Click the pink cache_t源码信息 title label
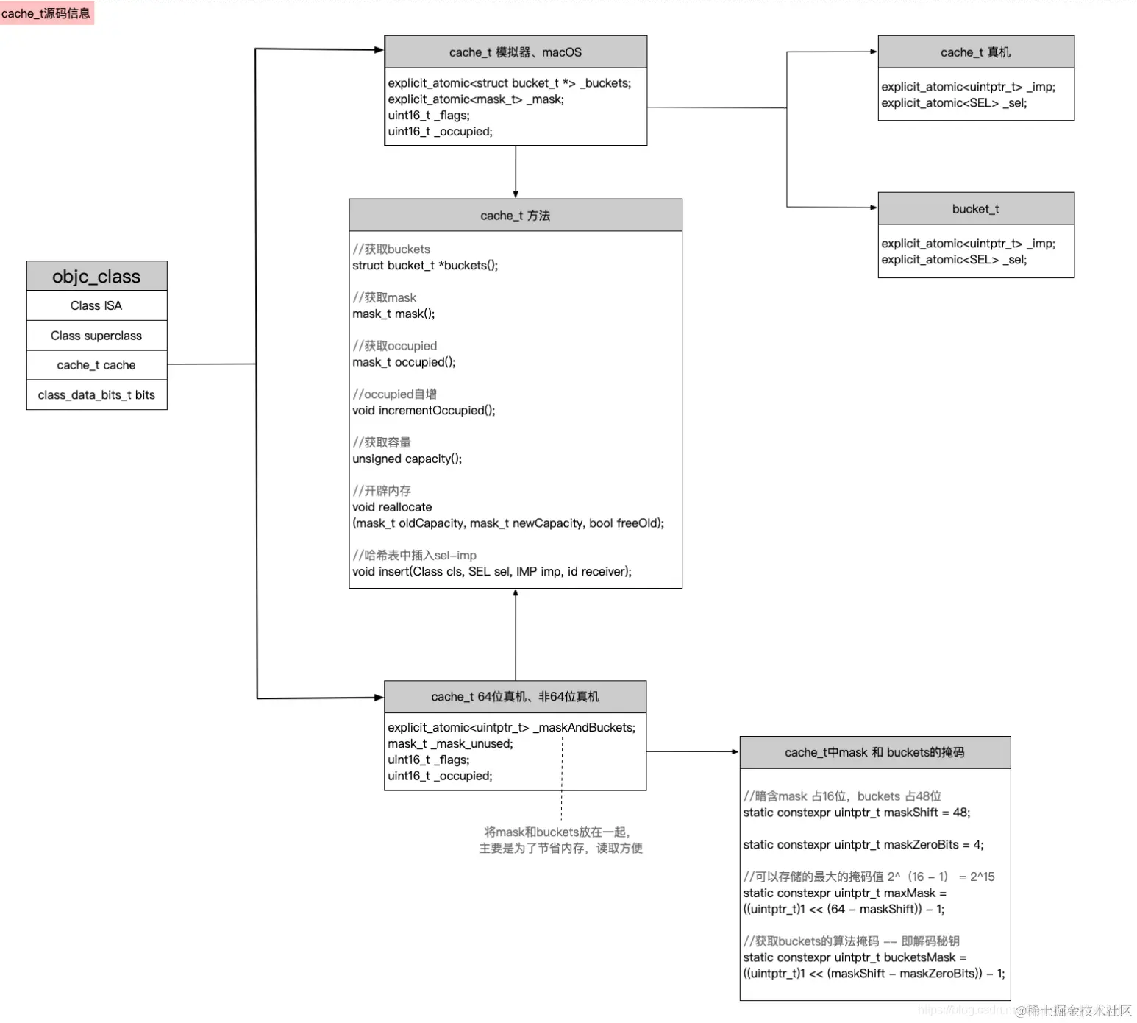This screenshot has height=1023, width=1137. (x=46, y=13)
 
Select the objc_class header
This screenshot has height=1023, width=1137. (x=96, y=276)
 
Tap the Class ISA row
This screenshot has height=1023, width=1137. (x=96, y=305)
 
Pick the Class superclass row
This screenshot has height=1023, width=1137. (x=96, y=336)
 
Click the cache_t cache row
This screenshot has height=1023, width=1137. (x=96, y=365)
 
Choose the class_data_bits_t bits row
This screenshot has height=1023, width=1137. (x=96, y=395)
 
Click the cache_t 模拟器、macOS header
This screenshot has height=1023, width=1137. (x=516, y=52)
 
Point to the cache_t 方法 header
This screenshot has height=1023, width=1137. (x=516, y=216)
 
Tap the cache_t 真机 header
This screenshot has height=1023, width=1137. (x=976, y=52)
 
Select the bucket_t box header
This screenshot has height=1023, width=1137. (x=976, y=209)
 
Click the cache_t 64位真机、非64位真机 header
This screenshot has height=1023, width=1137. (x=516, y=697)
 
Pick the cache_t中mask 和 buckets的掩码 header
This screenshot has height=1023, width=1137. (x=875, y=752)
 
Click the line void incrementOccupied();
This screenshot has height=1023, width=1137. (x=424, y=411)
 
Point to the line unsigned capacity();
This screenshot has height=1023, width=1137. (x=407, y=459)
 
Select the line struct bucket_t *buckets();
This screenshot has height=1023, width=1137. (x=425, y=266)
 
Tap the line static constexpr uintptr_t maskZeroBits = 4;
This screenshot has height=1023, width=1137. (x=863, y=845)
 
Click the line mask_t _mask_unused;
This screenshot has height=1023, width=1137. (x=451, y=744)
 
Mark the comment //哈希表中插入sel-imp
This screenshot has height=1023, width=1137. (x=415, y=556)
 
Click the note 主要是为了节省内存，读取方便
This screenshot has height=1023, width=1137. (x=561, y=849)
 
